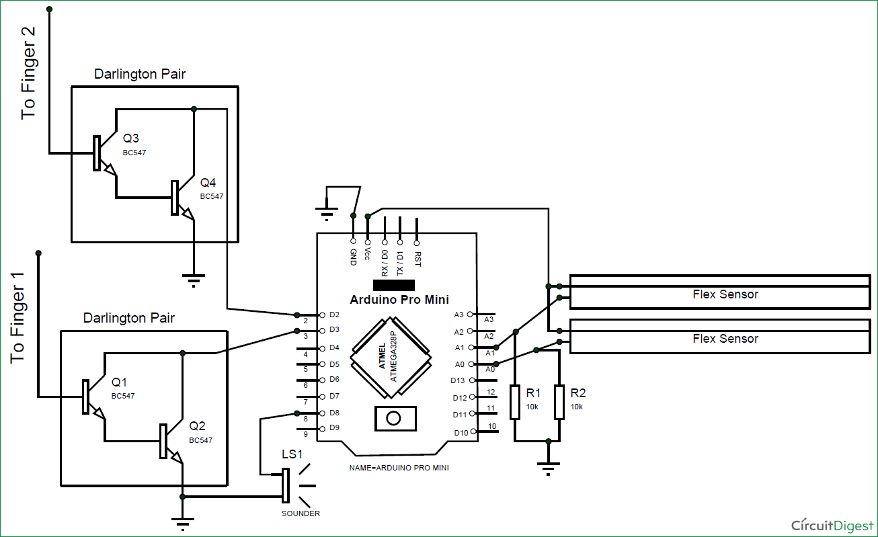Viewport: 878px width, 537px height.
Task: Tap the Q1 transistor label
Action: tap(120, 382)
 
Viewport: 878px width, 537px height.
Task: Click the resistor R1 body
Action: tap(515, 402)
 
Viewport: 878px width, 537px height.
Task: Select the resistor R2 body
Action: tap(559, 402)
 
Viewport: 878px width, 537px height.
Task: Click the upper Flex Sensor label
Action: tap(725, 294)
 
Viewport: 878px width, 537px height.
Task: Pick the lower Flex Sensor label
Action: tap(725, 339)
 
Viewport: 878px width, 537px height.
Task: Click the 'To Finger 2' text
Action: tap(29, 74)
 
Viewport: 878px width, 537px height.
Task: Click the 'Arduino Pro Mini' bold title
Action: tap(399, 299)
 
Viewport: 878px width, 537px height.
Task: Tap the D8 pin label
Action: tap(335, 413)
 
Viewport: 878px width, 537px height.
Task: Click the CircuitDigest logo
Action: tap(831, 525)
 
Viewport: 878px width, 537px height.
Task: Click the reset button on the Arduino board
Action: tap(393, 418)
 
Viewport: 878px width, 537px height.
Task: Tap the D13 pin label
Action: tap(458, 380)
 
